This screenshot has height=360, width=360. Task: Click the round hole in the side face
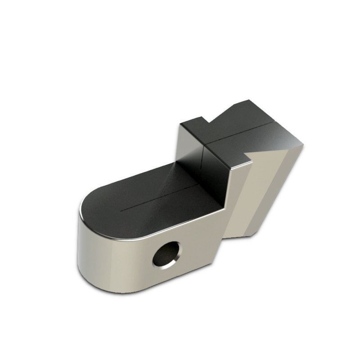tap(165, 255)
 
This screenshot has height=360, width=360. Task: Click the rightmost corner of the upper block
tap(303, 145)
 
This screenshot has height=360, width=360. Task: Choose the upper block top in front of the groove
tap(252, 144)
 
